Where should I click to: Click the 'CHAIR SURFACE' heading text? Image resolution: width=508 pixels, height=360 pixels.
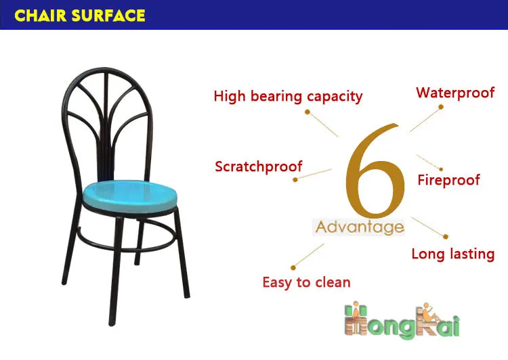pyautogui.click(x=80, y=16)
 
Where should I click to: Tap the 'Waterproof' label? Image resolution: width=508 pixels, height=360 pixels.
pyautogui.click(x=455, y=93)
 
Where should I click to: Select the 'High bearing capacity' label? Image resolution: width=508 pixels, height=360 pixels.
pyautogui.click(x=288, y=97)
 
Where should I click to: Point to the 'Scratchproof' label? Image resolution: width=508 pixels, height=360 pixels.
pyautogui.click(x=259, y=166)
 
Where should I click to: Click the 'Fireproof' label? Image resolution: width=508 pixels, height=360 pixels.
pyautogui.click(x=448, y=180)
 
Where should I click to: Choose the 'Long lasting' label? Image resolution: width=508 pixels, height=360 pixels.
pyautogui.click(x=453, y=254)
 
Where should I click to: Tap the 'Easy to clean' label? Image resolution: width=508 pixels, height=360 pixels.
pyautogui.click(x=306, y=282)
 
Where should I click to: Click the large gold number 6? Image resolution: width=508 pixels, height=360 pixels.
pyautogui.click(x=375, y=171)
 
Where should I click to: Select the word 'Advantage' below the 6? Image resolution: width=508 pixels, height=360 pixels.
pyautogui.click(x=360, y=227)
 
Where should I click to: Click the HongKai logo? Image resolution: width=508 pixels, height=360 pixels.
pyautogui.click(x=402, y=321)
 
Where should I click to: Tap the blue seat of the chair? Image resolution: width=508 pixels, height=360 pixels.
pyautogui.click(x=130, y=196)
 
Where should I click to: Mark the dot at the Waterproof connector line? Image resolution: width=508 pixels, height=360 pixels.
pyautogui.click(x=441, y=107)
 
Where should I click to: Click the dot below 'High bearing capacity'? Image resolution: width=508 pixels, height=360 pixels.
pyautogui.click(x=308, y=112)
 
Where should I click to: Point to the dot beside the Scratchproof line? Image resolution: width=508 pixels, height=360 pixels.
pyautogui.click(x=295, y=180)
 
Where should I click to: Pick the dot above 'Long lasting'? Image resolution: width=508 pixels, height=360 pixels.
pyautogui.click(x=446, y=237)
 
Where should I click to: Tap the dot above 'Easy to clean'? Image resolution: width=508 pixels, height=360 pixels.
pyautogui.click(x=293, y=268)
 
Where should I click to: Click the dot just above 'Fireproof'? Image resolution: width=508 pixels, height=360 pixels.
pyautogui.click(x=441, y=169)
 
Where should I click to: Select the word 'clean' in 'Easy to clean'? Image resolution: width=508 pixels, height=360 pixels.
pyautogui.click(x=333, y=282)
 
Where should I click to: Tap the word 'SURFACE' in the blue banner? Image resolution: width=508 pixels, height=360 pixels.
pyautogui.click(x=108, y=16)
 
